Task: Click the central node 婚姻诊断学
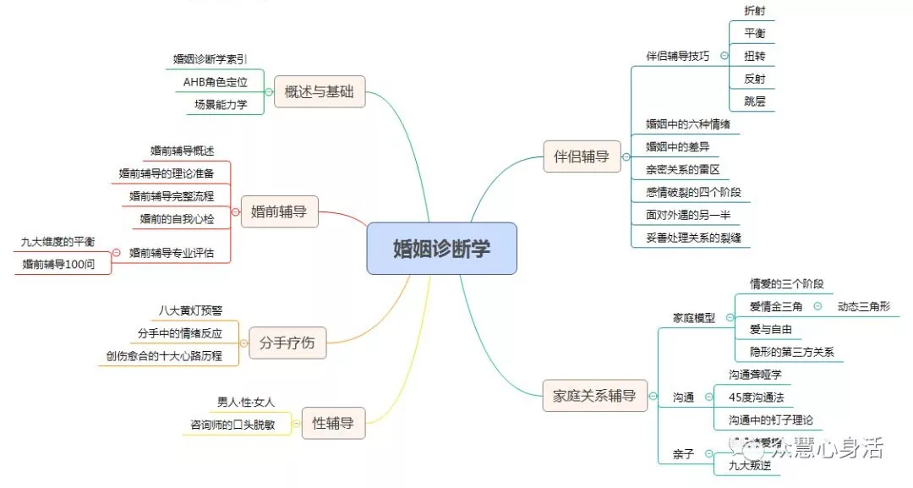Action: pyautogui.click(x=441, y=249)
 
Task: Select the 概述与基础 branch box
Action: pyautogui.click(x=320, y=92)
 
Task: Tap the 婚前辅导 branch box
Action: pyautogui.click(x=279, y=211)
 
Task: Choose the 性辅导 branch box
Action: pyautogui.click(x=332, y=423)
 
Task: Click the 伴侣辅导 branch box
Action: pyautogui.click(x=581, y=156)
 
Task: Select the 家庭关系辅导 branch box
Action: pyautogui.click(x=594, y=395)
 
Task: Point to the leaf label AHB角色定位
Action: pyautogui.click(x=216, y=82)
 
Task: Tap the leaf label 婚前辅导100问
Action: pyautogui.click(x=58, y=265)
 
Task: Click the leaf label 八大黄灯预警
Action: pyautogui.click(x=191, y=310)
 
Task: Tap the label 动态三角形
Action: pyautogui.click(x=862, y=306)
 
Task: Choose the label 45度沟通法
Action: pyautogui.click(x=762, y=397)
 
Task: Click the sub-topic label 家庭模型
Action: pyautogui.click(x=693, y=318)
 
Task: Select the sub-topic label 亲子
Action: pyautogui.click(x=683, y=454)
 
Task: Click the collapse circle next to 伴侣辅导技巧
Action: pyautogui.click(x=724, y=56)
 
